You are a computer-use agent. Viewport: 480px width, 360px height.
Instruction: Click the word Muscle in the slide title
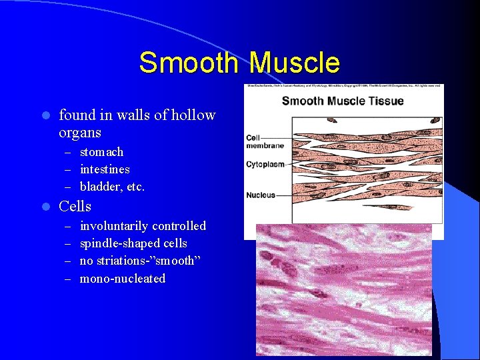pos(295,63)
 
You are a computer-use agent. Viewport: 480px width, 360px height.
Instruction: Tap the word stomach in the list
pos(101,152)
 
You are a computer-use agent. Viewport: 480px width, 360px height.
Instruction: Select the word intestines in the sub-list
pos(105,169)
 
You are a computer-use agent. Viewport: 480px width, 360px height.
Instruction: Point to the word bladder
pos(99,187)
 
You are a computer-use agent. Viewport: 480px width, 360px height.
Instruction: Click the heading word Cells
pos(75,207)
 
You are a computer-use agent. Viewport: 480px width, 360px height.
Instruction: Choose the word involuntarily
pos(114,226)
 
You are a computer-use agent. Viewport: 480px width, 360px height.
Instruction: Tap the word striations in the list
pos(127,261)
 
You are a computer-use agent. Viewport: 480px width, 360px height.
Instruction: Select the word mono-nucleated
pos(122,279)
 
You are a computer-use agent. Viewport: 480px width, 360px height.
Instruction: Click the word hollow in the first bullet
pos(193,115)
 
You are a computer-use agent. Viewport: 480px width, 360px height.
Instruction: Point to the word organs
pos(80,133)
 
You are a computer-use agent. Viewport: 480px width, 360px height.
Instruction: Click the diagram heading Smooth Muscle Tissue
pos(343,101)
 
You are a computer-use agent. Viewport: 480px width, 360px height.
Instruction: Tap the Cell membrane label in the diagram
pos(265,141)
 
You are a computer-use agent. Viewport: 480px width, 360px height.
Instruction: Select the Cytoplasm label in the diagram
pos(265,163)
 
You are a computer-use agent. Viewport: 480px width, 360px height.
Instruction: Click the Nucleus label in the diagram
pos(261,195)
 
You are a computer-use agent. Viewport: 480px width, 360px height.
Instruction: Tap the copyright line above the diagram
pos(343,87)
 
